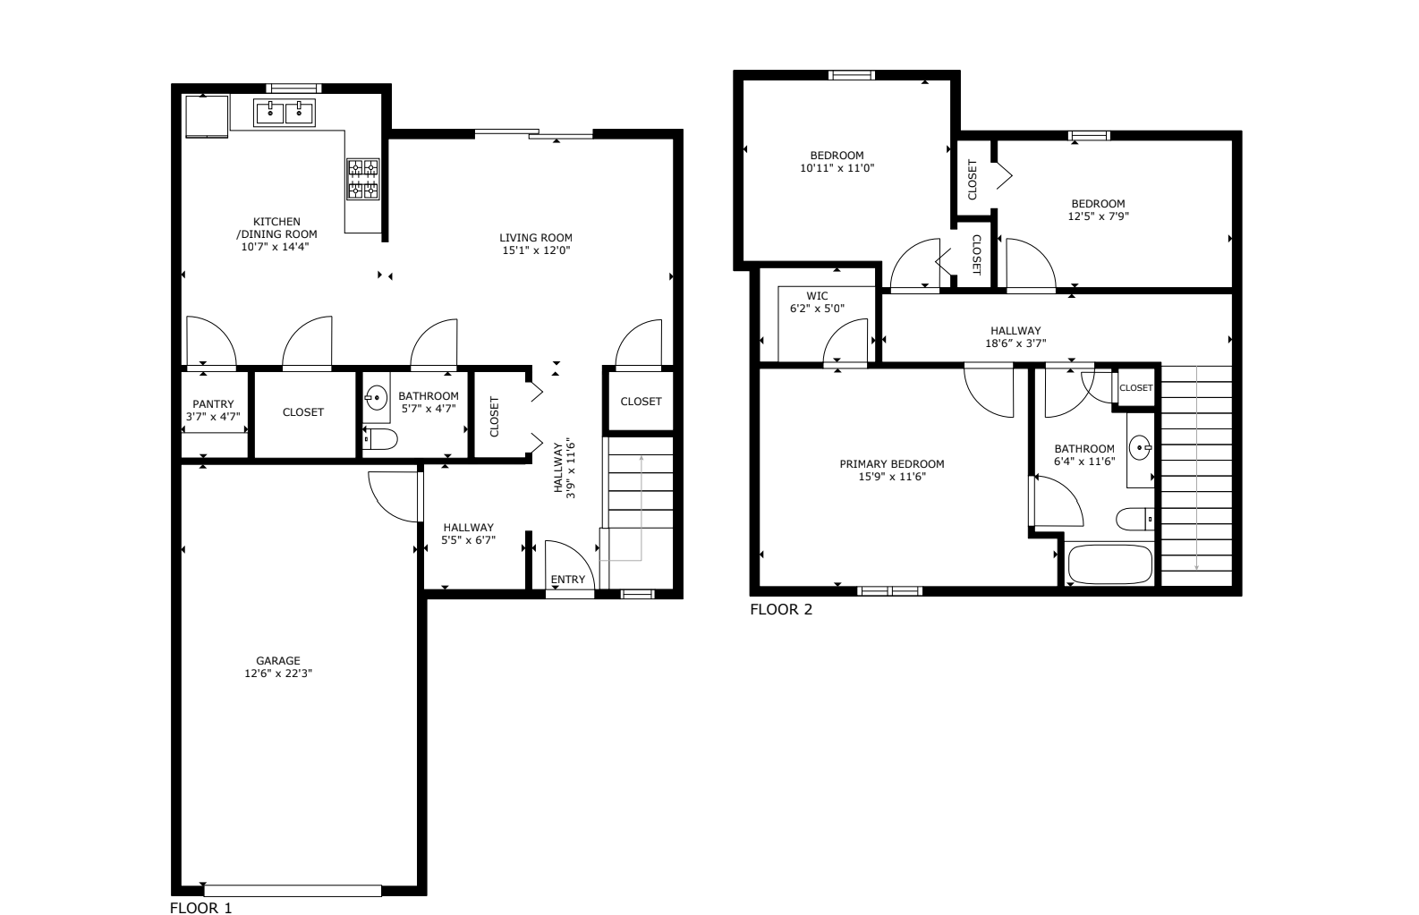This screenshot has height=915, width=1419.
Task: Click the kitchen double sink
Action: pos(285,113)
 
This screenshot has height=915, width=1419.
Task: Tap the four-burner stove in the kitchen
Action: pos(363,179)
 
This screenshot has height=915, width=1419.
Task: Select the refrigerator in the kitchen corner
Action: pos(207,116)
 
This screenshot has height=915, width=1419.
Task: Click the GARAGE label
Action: pos(278,660)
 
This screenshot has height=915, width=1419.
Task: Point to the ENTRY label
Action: pos(567,580)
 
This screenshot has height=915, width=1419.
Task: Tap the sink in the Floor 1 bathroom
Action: pos(377,398)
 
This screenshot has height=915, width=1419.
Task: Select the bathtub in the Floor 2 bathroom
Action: pos(1109,563)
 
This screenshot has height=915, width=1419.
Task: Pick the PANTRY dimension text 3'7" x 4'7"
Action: pos(214,417)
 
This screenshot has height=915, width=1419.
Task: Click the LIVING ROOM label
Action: pos(536,237)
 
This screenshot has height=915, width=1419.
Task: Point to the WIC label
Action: pos(817,296)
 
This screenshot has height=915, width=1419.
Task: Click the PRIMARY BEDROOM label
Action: pos(892,464)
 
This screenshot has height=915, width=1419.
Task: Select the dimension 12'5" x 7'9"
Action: pos(1099,216)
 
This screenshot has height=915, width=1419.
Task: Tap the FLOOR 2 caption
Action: pos(781,610)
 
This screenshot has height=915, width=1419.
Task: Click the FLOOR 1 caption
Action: pos(200,908)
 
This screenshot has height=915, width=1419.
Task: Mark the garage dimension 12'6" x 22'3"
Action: pos(278,674)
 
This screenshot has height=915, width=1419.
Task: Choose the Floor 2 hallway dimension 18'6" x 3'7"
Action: pos(1015,343)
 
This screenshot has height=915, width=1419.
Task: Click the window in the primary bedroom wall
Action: pos(889,591)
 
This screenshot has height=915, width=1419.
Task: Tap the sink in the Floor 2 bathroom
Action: pos(1140,448)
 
